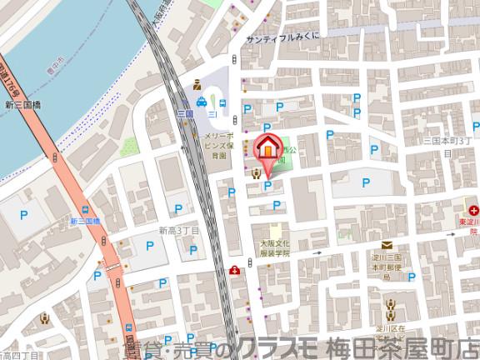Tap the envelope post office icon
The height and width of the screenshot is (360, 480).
387,245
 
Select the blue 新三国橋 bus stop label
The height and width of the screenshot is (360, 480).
84,221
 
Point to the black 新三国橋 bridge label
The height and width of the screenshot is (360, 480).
23,105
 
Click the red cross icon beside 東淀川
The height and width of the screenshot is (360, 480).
472,210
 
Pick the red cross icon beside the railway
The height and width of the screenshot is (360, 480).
236,269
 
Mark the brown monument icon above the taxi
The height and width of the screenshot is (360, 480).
197,83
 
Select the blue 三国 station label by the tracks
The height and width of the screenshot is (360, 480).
185,112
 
